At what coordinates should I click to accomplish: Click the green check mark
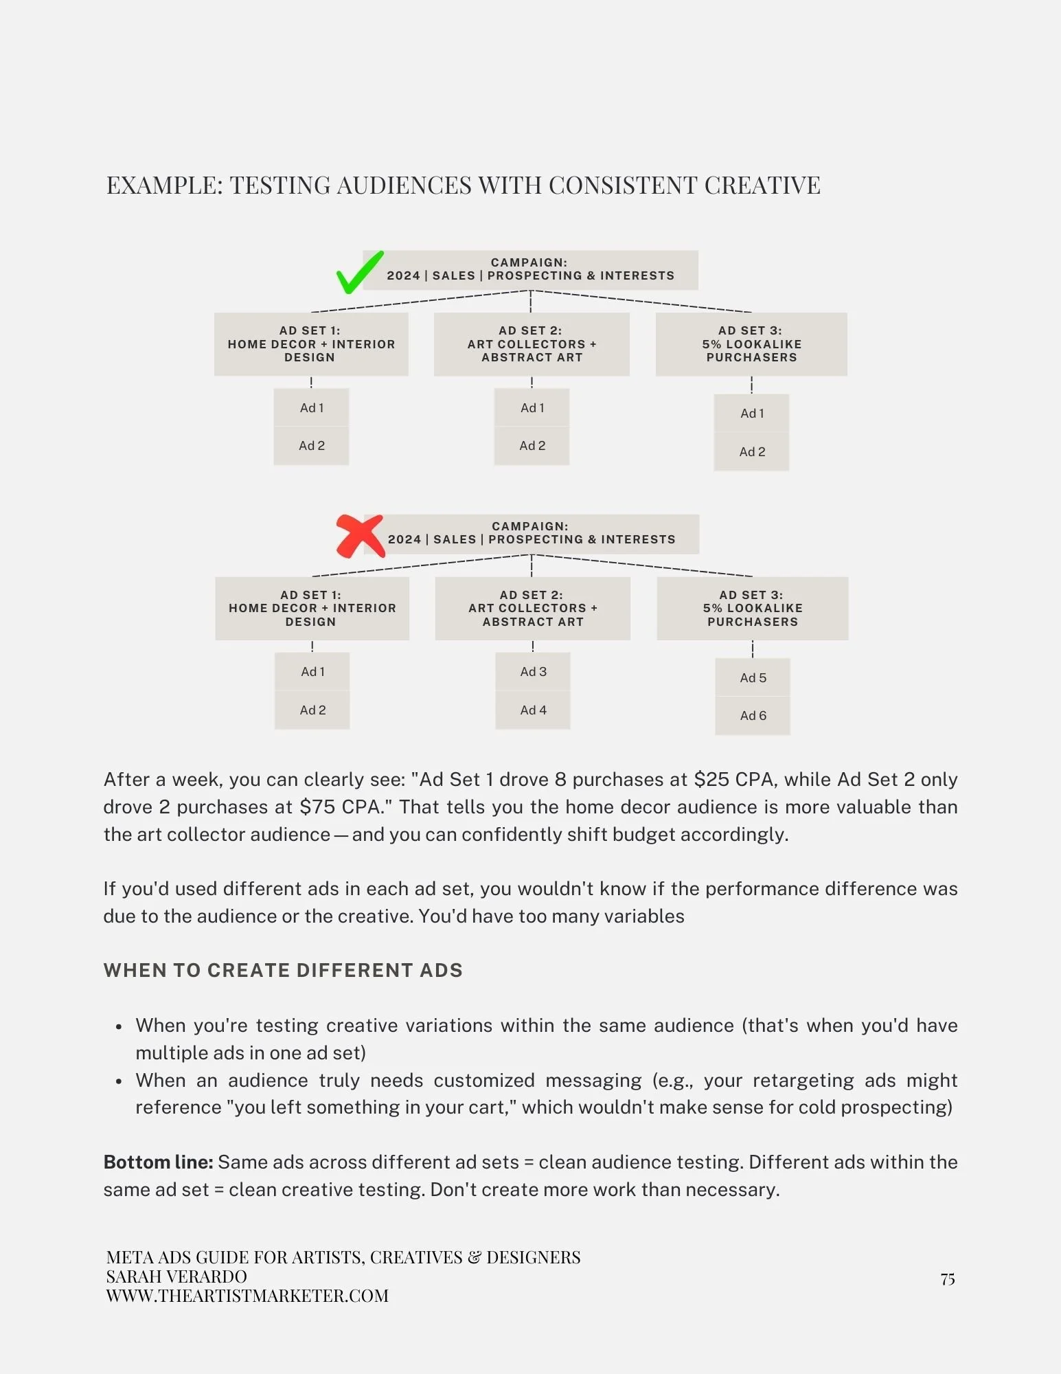pos(358,273)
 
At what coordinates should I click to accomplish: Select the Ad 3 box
pos(533,672)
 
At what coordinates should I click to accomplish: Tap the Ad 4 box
pos(533,710)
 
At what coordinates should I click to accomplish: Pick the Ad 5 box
pos(753,678)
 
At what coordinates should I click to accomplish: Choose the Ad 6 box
pos(753,716)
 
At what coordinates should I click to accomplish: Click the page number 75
pos(948,1279)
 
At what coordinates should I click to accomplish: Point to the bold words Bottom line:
pos(159,1162)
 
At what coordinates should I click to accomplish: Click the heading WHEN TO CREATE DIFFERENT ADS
pos(283,971)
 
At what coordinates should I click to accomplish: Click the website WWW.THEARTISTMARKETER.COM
pos(247,1296)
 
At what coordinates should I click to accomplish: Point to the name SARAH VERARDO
pos(176,1277)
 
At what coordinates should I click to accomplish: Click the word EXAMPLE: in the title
pos(165,185)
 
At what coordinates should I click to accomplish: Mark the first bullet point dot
pos(119,1027)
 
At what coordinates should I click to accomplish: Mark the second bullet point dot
pos(119,1082)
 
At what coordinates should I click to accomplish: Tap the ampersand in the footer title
pos(474,1258)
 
